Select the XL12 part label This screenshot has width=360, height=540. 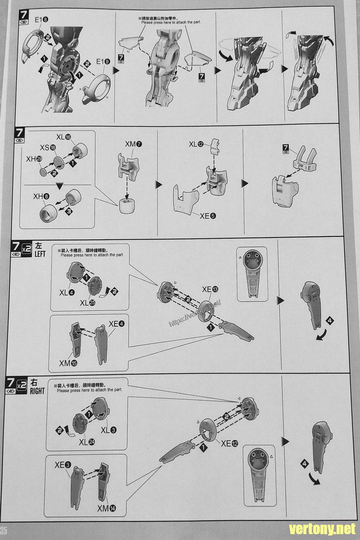(x=196, y=144)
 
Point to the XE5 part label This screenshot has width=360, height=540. (x=208, y=216)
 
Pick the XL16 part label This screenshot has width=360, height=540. (x=64, y=137)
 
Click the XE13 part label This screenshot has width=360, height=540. (x=211, y=289)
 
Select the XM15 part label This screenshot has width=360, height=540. (x=68, y=363)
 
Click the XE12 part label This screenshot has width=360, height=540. (x=229, y=443)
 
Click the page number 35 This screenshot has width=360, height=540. (x=4, y=530)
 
